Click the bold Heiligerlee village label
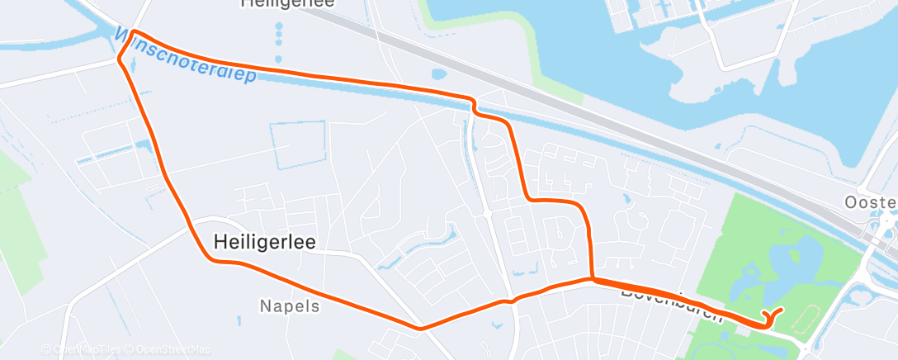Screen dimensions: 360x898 265,241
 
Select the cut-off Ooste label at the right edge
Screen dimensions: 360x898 871,202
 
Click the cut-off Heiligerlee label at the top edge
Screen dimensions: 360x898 287,4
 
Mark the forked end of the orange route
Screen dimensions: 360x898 774,313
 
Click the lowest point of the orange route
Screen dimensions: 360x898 421,329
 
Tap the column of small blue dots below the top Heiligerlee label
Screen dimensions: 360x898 279,41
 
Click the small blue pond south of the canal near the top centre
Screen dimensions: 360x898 437,73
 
